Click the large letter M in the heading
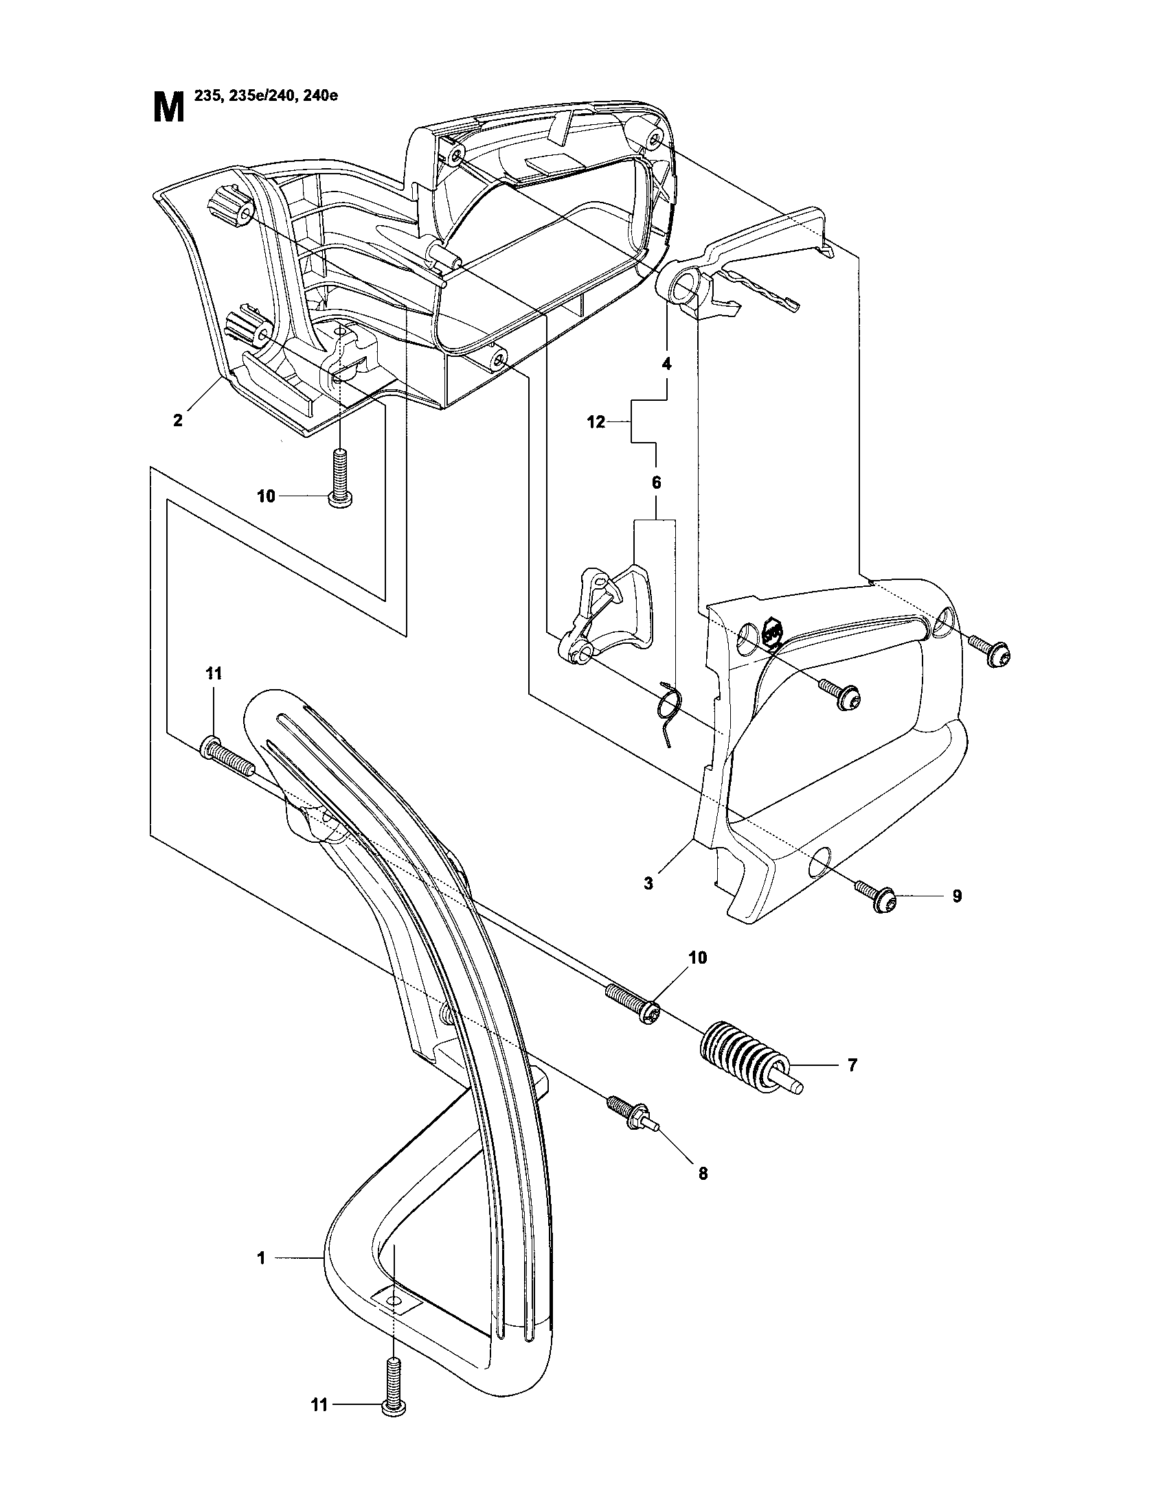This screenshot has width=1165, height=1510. tap(168, 109)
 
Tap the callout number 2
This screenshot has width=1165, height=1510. tap(178, 420)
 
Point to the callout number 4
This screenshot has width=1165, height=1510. tap(666, 364)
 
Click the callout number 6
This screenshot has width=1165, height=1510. tap(656, 483)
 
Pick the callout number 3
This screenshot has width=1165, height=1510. tap(648, 883)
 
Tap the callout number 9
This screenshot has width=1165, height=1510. tap(957, 896)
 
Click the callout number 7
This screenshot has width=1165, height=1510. tap(852, 1065)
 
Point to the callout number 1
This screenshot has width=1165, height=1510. tap(262, 1258)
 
